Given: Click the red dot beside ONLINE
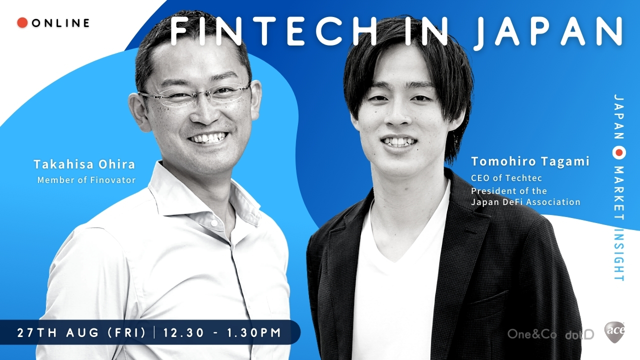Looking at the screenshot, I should tap(22, 22).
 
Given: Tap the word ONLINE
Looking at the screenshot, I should tap(60, 23).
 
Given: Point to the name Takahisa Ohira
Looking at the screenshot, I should tap(84, 164).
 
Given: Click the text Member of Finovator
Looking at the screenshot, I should tap(86, 180).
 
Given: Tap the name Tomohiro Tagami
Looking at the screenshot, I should tap(530, 161).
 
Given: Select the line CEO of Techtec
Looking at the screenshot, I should tap(506, 177).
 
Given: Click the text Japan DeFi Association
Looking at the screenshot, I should tap(525, 202).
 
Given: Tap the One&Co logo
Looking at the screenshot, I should tap(532, 334).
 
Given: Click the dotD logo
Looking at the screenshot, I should tap(579, 334).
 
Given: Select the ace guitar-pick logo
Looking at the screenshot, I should tap(614, 331).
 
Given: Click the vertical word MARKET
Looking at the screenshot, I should tap(619, 190).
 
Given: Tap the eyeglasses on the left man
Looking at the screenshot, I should tap(195, 95).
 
